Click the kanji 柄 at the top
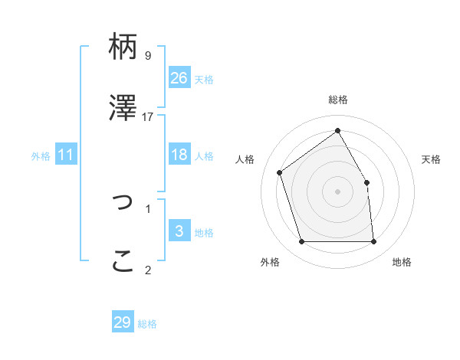(x=123, y=47)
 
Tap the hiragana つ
(x=123, y=202)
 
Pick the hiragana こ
(x=123, y=261)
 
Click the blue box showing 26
(x=179, y=77)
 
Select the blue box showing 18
(x=179, y=155)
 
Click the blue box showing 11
(x=66, y=155)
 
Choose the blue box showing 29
(x=123, y=322)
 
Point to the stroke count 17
(x=148, y=116)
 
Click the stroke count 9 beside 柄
(x=147, y=55)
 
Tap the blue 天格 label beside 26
(x=204, y=79)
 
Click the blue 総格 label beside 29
(x=147, y=324)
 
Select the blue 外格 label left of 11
(x=41, y=156)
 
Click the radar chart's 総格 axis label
(x=338, y=100)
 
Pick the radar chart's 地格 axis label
(x=402, y=262)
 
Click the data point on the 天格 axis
(x=366, y=182)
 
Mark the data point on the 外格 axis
(x=302, y=242)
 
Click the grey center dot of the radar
(x=338, y=191)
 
